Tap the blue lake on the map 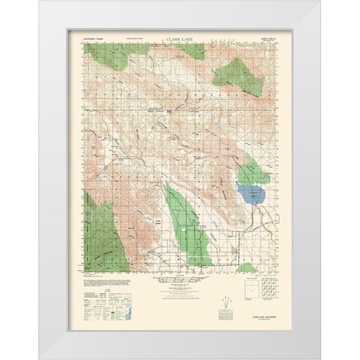[x=251, y=196]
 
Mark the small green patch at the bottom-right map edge [x=247, y=268]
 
